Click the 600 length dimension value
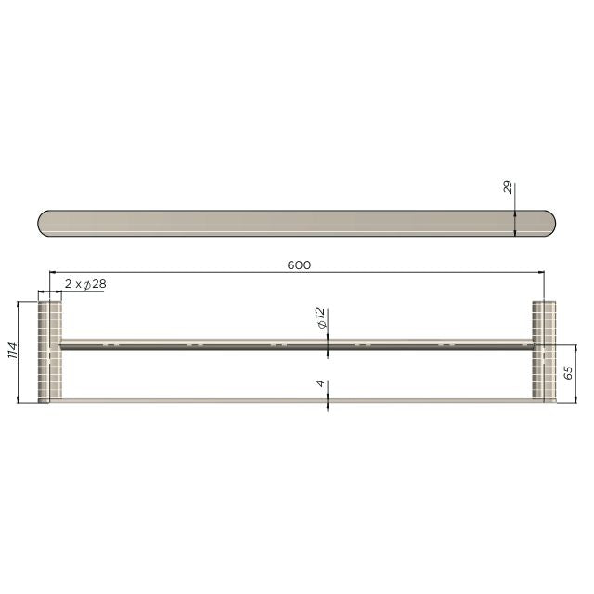coord(298,265)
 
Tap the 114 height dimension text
coord(12,351)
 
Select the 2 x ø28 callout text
coord(84,284)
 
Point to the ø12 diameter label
coord(319,321)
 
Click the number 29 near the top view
coord(508,190)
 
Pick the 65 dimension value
coord(568,374)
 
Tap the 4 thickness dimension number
coord(319,383)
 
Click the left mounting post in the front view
coord(49,351)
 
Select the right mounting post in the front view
coord(543,351)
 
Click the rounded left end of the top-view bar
coord(45,223)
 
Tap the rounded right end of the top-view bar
coord(549,223)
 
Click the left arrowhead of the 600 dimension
coord(54,272)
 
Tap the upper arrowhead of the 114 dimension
coord(19,303)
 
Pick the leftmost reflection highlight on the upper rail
coord(111,344)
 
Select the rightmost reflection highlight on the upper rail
coord(446,344)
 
